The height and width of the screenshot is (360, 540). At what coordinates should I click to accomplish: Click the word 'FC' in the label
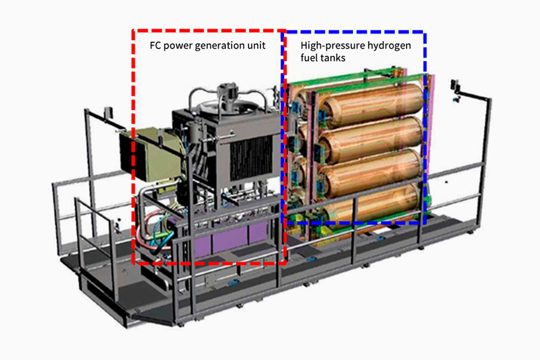[155, 45]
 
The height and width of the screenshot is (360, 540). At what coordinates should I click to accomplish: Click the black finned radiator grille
[251, 157]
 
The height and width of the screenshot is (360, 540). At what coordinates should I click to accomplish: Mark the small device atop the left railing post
[108, 114]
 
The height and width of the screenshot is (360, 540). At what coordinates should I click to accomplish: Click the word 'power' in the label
[178, 46]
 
